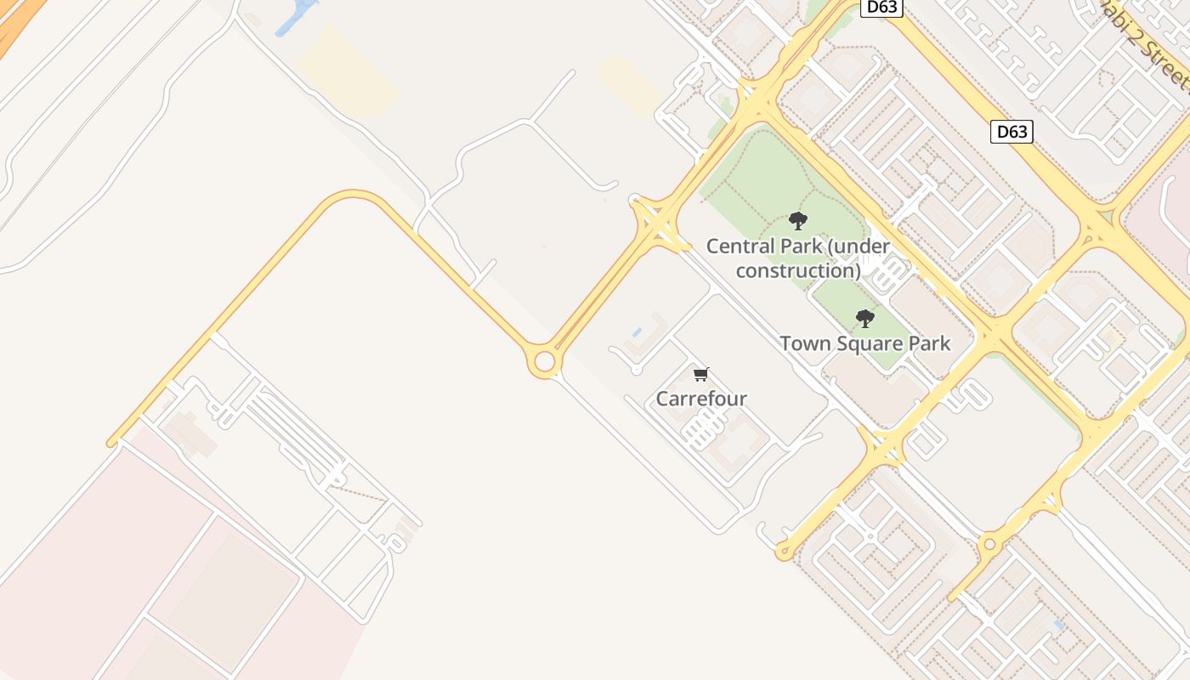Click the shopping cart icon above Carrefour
[x=701, y=374]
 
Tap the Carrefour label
[x=701, y=398]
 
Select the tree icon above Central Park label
[x=797, y=221]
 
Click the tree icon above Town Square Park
[x=865, y=319]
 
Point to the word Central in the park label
[x=740, y=246]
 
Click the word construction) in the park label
[x=798, y=271]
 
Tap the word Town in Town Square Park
[x=802, y=343]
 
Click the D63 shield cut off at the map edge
[x=881, y=7]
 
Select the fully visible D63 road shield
[x=1011, y=132]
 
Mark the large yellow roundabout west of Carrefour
[x=544, y=362]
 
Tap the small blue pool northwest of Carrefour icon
[x=637, y=331]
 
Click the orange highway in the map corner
[x=13, y=25]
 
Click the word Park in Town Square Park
[x=930, y=343]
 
